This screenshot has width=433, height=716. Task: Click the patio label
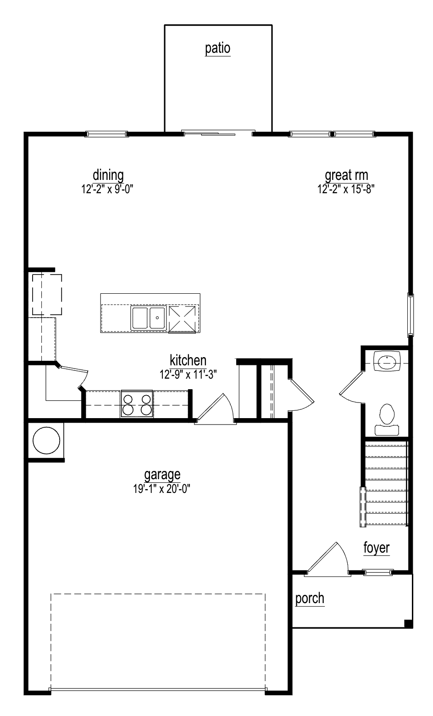click(217, 48)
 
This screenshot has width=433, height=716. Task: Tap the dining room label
click(108, 175)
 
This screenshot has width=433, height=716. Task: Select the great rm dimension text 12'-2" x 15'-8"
click(346, 189)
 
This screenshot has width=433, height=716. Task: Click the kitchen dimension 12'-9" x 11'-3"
click(188, 374)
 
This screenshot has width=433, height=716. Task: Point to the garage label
click(162, 475)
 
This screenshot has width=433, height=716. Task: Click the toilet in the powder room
click(387, 420)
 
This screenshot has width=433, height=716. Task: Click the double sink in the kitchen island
click(148, 318)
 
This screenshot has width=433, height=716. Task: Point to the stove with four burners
click(137, 404)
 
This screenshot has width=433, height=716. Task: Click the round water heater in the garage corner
click(46, 441)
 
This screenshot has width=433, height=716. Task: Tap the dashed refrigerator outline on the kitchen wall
click(47, 294)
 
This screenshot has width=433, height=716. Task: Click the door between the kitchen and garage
click(216, 409)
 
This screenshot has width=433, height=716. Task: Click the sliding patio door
click(218, 133)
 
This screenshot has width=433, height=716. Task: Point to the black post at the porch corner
click(408, 623)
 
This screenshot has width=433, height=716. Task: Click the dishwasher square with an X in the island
click(182, 319)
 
